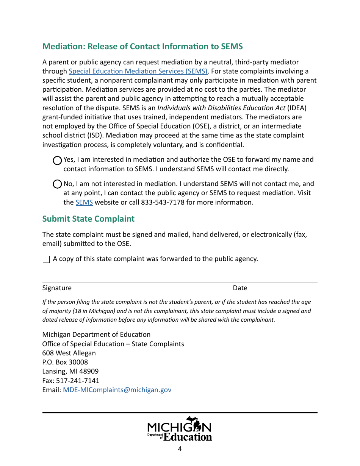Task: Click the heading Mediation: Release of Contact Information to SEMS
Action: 142,46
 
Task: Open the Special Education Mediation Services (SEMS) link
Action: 138,71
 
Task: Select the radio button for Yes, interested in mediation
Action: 57,161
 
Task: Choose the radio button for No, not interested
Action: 57,185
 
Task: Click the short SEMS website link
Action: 84,202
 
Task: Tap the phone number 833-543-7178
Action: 163,202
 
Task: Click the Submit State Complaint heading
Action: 88,219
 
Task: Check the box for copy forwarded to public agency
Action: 46,260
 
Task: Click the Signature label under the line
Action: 57,288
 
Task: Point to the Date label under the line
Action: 240,288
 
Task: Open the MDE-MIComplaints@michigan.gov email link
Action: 117,390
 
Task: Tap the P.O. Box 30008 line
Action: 65,362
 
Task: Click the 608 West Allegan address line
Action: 69,353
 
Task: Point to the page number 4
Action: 180,449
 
